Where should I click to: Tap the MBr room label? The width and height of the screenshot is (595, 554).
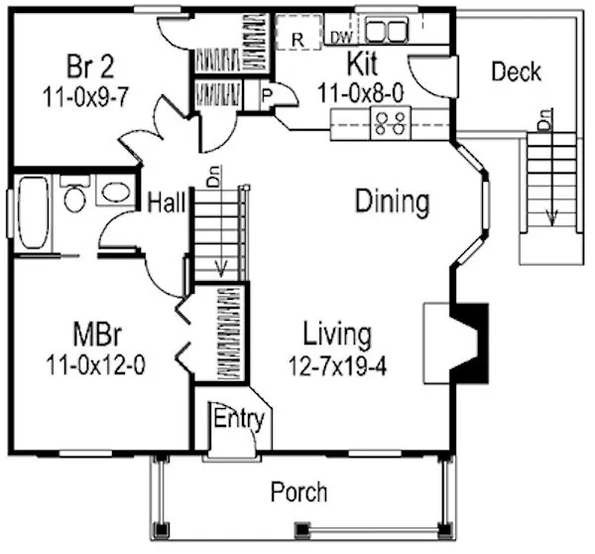96,331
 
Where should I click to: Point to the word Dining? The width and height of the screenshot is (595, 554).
393,203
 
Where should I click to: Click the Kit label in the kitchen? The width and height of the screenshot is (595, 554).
363,64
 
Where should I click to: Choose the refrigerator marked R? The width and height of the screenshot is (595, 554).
297,39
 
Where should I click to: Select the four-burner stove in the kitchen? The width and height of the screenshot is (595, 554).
388,123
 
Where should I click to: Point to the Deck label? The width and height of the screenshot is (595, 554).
516,72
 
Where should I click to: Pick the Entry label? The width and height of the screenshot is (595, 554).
239,419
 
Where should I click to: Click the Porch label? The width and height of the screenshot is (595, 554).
298,491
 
